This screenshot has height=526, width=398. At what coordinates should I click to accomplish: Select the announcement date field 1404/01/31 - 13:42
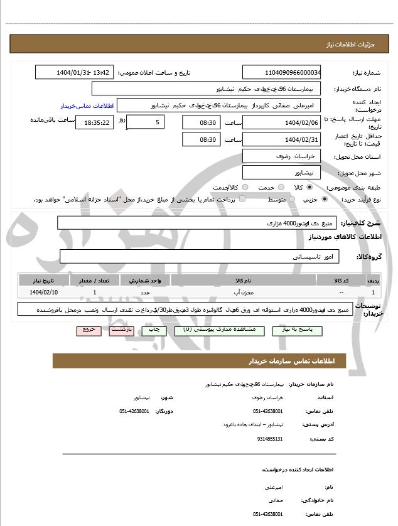pyautogui.click(x=75, y=72)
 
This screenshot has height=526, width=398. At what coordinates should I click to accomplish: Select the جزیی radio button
pyautogui.click(x=325, y=199)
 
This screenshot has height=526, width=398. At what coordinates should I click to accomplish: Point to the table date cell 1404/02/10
pyautogui.click(x=43, y=293)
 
